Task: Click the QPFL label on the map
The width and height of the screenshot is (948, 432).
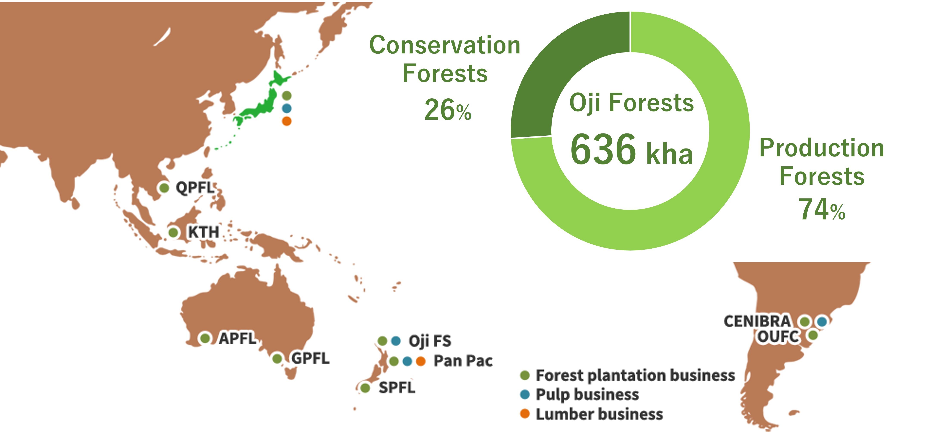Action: point(195,188)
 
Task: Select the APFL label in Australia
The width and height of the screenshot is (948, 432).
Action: point(237,338)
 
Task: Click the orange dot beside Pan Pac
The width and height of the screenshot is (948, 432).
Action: point(421,361)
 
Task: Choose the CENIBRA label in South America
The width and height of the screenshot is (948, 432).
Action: point(757,321)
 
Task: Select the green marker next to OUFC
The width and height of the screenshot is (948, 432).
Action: point(813,335)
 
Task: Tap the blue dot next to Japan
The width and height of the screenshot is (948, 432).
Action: point(287,108)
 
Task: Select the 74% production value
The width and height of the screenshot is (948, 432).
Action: point(822,209)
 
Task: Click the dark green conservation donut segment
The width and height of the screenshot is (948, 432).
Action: point(552,74)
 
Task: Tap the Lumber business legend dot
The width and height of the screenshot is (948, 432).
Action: point(525,414)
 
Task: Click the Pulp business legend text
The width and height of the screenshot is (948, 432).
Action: point(587,395)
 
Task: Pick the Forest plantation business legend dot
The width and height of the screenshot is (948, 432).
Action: point(525,375)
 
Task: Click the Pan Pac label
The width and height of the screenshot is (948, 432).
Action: point(463,361)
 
